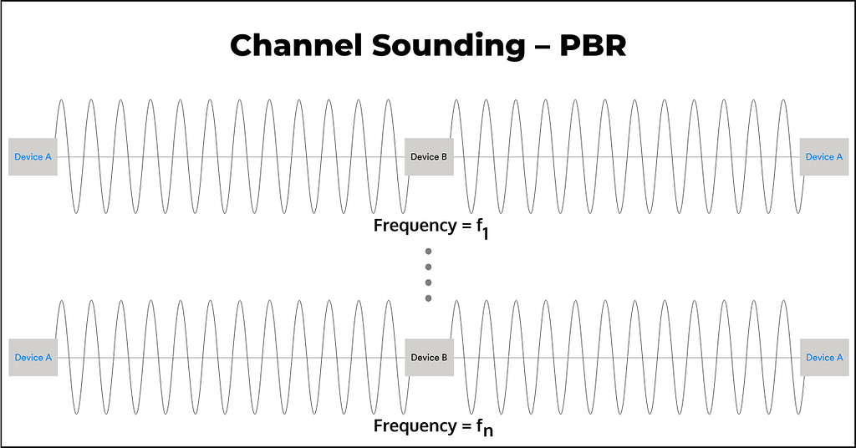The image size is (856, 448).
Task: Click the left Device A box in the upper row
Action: pyautogui.click(x=33, y=157)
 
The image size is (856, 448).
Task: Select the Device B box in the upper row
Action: pyautogui.click(x=429, y=157)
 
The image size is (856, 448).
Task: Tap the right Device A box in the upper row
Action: pyautogui.click(x=823, y=157)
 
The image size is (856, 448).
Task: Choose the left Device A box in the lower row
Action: pyautogui.click(x=33, y=358)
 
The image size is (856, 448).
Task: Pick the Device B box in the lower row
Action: pyautogui.click(x=429, y=358)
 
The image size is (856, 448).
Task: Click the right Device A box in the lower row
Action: pyautogui.click(x=823, y=358)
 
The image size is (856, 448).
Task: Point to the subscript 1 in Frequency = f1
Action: pyautogui.click(x=485, y=234)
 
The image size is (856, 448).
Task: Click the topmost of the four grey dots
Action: pyautogui.click(x=428, y=252)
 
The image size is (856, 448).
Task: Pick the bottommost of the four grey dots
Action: pyautogui.click(x=428, y=298)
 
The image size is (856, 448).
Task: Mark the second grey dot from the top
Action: pyautogui.click(x=428, y=267)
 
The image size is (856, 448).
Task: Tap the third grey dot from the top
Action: pyautogui.click(x=428, y=283)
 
